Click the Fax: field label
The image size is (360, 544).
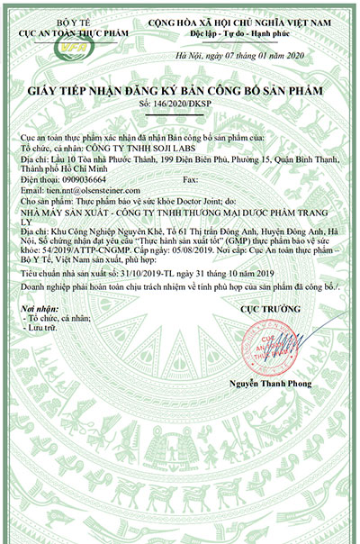click(x=191, y=179)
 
